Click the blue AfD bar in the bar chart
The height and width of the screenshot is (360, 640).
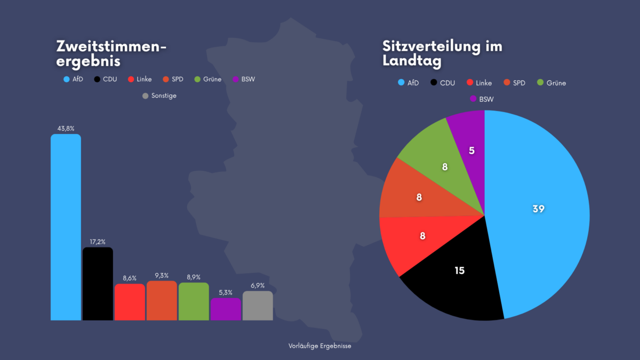click(66, 227)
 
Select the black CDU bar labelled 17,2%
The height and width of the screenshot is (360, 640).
click(98, 284)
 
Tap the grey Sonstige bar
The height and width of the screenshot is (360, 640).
click(258, 306)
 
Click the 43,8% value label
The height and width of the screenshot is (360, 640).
click(66, 129)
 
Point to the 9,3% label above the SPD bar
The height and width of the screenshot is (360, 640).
click(162, 275)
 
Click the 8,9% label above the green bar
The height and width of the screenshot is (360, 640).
click(194, 277)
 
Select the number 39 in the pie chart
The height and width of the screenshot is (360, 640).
click(539, 209)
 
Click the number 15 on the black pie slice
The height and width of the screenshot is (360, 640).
click(460, 270)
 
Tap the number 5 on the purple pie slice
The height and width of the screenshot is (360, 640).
click(471, 150)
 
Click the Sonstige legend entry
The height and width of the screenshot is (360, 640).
click(159, 95)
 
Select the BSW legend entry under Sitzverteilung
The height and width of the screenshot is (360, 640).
click(482, 99)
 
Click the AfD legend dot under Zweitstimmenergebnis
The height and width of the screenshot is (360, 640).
click(67, 79)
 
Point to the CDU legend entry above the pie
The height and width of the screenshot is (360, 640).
click(443, 83)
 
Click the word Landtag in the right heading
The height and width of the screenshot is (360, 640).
click(412, 61)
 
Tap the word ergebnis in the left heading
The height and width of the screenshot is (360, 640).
click(89, 61)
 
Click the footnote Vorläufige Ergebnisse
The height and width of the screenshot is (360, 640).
click(319, 346)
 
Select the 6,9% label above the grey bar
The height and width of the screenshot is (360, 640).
click(258, 285)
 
